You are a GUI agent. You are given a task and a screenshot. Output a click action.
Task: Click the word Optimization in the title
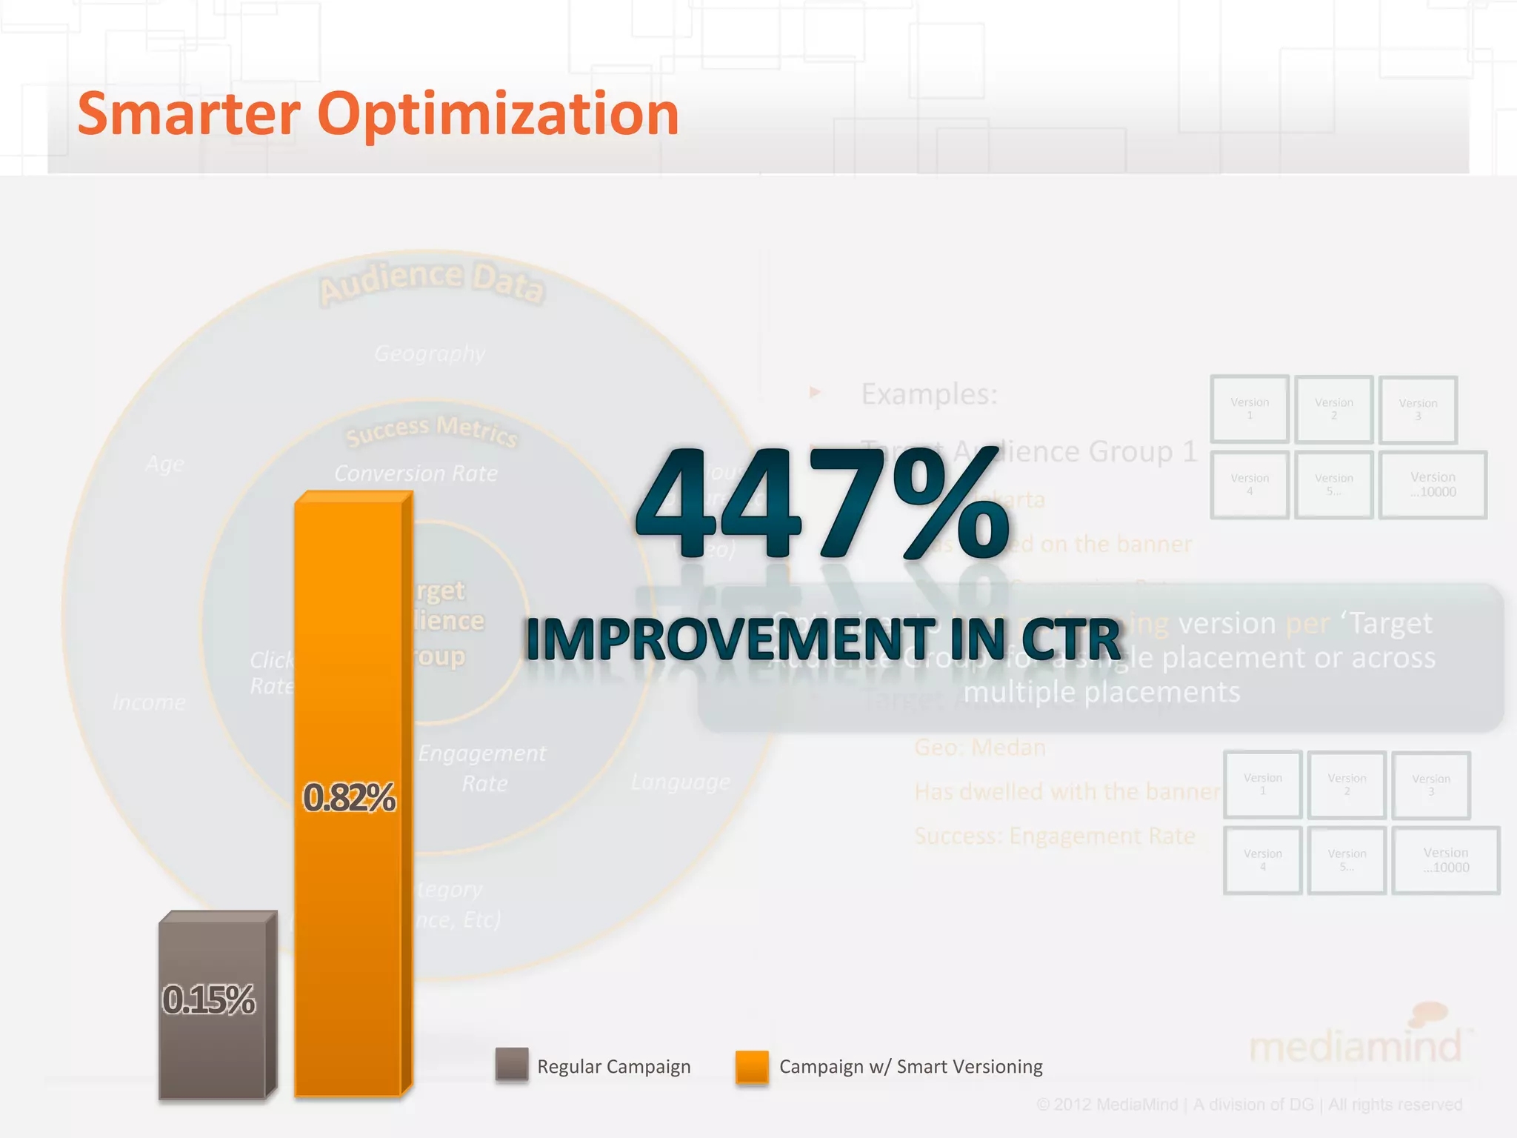pos(498,116)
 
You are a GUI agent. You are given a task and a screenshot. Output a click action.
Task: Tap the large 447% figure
pos(822,504)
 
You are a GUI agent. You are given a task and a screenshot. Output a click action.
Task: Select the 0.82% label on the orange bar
pos(350,798)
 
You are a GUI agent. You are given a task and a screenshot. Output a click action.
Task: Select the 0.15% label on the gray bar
pos(210,999)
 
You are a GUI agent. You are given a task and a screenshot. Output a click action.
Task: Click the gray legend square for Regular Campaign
pos(512,1065)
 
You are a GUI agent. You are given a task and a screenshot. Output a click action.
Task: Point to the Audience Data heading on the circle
pos(432,283)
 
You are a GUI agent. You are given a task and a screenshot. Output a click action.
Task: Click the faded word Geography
pos(430,353)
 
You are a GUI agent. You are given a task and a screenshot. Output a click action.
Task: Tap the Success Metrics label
pos(432,431)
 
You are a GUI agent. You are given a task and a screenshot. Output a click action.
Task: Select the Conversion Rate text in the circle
pos(416,473)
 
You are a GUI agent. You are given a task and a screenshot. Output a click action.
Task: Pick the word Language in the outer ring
pos(680,782)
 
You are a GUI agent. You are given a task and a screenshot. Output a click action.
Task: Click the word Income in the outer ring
pos(149,702)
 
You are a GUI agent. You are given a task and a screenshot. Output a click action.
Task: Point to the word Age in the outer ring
pos(164,465)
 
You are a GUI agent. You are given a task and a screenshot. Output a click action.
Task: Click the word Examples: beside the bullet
pos(930,394)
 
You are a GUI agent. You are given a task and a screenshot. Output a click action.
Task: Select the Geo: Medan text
pos(980,748)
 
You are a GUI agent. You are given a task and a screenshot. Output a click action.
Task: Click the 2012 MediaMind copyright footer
pos(1249,1105)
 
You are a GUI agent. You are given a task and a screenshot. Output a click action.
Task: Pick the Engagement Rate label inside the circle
pos(482,768)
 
